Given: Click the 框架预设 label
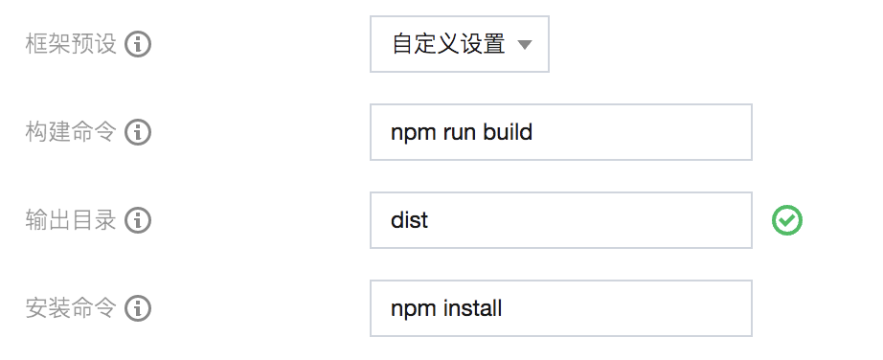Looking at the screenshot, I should (x=71, y=44).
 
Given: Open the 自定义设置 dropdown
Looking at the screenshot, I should (x=459, y=44).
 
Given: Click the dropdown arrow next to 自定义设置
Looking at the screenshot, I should (x=524, y=45).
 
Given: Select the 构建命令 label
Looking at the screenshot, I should (x=71, y=132).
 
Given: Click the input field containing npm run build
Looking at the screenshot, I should (x=560, y=132).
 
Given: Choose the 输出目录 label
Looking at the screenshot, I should (x=71, y=220).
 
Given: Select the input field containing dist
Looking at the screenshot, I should (x=560, y=220).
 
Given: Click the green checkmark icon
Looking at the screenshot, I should (x=787, y=221).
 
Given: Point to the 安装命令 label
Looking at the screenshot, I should (x=71, y=308).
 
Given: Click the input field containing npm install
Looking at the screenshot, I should (x=560, y=308).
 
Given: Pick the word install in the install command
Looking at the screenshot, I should (x=472, y=308).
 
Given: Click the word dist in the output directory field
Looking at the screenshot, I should (x=410, y=220).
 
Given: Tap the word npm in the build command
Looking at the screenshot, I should (x=412, y=133).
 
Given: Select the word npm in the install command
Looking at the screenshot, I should (x=412, y=309).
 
